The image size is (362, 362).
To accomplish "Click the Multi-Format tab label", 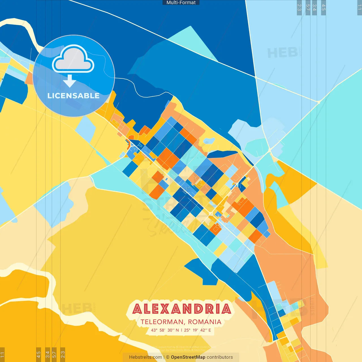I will pos(181,3).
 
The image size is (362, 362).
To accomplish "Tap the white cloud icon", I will pos(73,59).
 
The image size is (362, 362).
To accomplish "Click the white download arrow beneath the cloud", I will pos(70,81).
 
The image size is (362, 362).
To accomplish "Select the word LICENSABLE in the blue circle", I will pos(73,96).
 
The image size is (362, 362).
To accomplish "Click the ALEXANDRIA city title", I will pos(182,309).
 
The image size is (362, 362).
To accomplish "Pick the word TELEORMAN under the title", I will pos(162,322).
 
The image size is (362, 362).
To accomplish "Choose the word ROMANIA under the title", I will pos(204,322).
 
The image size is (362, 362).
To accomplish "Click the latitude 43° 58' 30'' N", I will pos(165,330).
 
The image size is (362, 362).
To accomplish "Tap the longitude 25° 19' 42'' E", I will pos(197,330).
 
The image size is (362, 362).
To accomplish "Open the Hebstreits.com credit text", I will pos(145,357).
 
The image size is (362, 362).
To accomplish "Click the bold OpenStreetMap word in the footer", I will pos(188,357).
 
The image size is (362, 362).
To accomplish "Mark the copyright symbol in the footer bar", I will pos(168,357).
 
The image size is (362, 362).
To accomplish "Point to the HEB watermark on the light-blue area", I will pos(283,53).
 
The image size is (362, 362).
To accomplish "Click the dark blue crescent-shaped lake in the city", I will pos(222,154).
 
